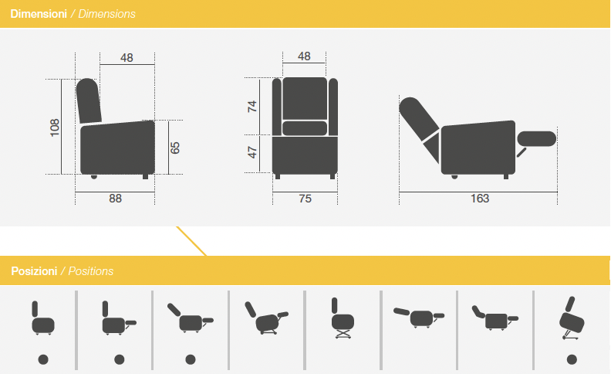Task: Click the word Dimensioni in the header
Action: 39,14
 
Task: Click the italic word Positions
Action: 91,271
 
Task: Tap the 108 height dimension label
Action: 55,127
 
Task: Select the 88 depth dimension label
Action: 116,199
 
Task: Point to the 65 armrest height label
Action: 175,148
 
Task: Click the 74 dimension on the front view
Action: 252,106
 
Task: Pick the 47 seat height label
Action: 252,152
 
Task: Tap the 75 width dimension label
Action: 305,199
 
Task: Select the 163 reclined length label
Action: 480,199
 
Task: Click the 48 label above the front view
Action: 304,56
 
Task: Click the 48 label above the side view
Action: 127,58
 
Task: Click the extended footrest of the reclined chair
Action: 537,139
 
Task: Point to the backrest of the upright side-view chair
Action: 89,101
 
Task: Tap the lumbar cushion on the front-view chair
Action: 305,128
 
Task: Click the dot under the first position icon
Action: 43,359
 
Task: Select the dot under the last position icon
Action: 572,359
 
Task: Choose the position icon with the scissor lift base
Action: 343,318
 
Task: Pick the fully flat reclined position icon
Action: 419,318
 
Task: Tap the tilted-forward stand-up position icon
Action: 571,318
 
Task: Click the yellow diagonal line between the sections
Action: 191,241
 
